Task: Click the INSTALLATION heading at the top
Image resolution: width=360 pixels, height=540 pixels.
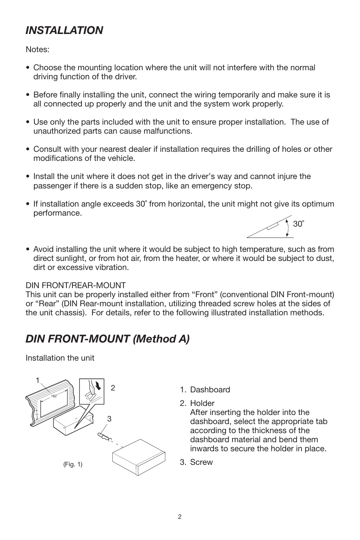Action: [64, 31]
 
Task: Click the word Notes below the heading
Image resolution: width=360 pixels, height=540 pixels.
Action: [37, 50]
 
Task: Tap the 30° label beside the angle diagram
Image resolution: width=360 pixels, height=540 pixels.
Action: [298, 224]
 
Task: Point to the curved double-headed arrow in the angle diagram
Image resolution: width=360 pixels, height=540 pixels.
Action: [288, 228]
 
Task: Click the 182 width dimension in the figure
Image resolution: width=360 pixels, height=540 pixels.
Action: [54, 396]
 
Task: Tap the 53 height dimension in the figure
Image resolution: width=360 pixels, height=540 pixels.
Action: [37, 414]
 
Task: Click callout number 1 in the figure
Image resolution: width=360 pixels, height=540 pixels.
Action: [38, 381]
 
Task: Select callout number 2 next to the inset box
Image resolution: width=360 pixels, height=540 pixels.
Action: [112, 388]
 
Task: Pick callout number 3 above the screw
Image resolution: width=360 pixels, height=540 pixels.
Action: [109, 419]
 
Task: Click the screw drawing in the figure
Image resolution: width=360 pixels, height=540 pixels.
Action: [104, 437]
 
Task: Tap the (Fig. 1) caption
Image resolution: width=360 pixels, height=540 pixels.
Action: [73, 464]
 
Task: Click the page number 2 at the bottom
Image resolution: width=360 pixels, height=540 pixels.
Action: [180, 517]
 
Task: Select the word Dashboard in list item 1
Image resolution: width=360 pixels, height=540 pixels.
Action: [210, 390]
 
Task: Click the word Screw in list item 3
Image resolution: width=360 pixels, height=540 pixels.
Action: [202, 462]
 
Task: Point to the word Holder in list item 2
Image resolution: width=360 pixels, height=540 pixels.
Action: [202, 403]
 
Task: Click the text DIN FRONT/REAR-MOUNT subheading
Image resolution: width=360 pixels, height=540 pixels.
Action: [75, 285]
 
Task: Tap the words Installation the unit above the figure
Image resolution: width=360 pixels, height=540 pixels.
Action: [60, 358]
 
